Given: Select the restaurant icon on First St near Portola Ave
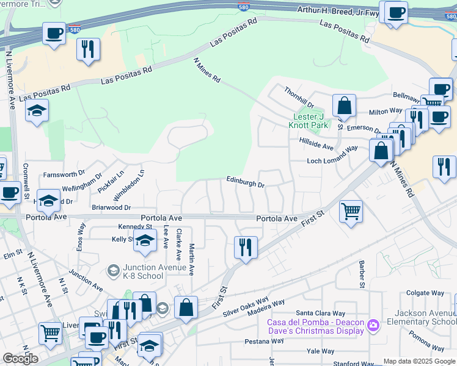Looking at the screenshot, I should pyautogui.click(x=246, y=248).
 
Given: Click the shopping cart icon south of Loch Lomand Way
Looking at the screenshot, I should pyautogui.click(x=351, y=212).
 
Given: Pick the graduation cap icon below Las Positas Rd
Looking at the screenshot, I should pyautogui.click(x=37, y=110).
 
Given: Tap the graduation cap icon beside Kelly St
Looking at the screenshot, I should pyautogui.click(x=145, y=241).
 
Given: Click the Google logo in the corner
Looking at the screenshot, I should pyautogui.click(x=20, y=359).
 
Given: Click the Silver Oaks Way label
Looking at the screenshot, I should pyautogui.click(x=246, y=307).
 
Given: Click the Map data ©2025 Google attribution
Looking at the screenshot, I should pyautogui.click(x=419, y=361).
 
